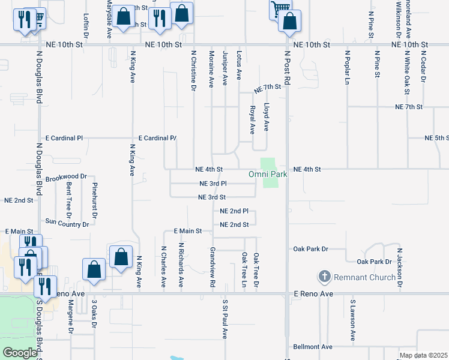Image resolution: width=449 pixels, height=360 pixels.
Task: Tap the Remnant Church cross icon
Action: click(325, 277)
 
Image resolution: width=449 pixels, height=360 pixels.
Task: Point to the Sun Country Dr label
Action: click(67, 223)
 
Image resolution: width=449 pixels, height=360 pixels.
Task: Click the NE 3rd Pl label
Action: click(212, 184)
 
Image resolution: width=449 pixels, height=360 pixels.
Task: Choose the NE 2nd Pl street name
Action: click(234, 211)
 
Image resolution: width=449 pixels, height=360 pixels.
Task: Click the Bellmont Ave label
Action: click(313, 347)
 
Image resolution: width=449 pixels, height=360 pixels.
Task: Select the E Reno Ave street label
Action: click(312, 293)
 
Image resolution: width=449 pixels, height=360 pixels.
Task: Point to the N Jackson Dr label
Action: click(399, 268)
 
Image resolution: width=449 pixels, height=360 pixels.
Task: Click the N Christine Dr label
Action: click(193, 70)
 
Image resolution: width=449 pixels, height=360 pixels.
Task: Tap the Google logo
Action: click(20, 353)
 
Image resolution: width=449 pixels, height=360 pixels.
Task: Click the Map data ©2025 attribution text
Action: click(424, 355)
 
